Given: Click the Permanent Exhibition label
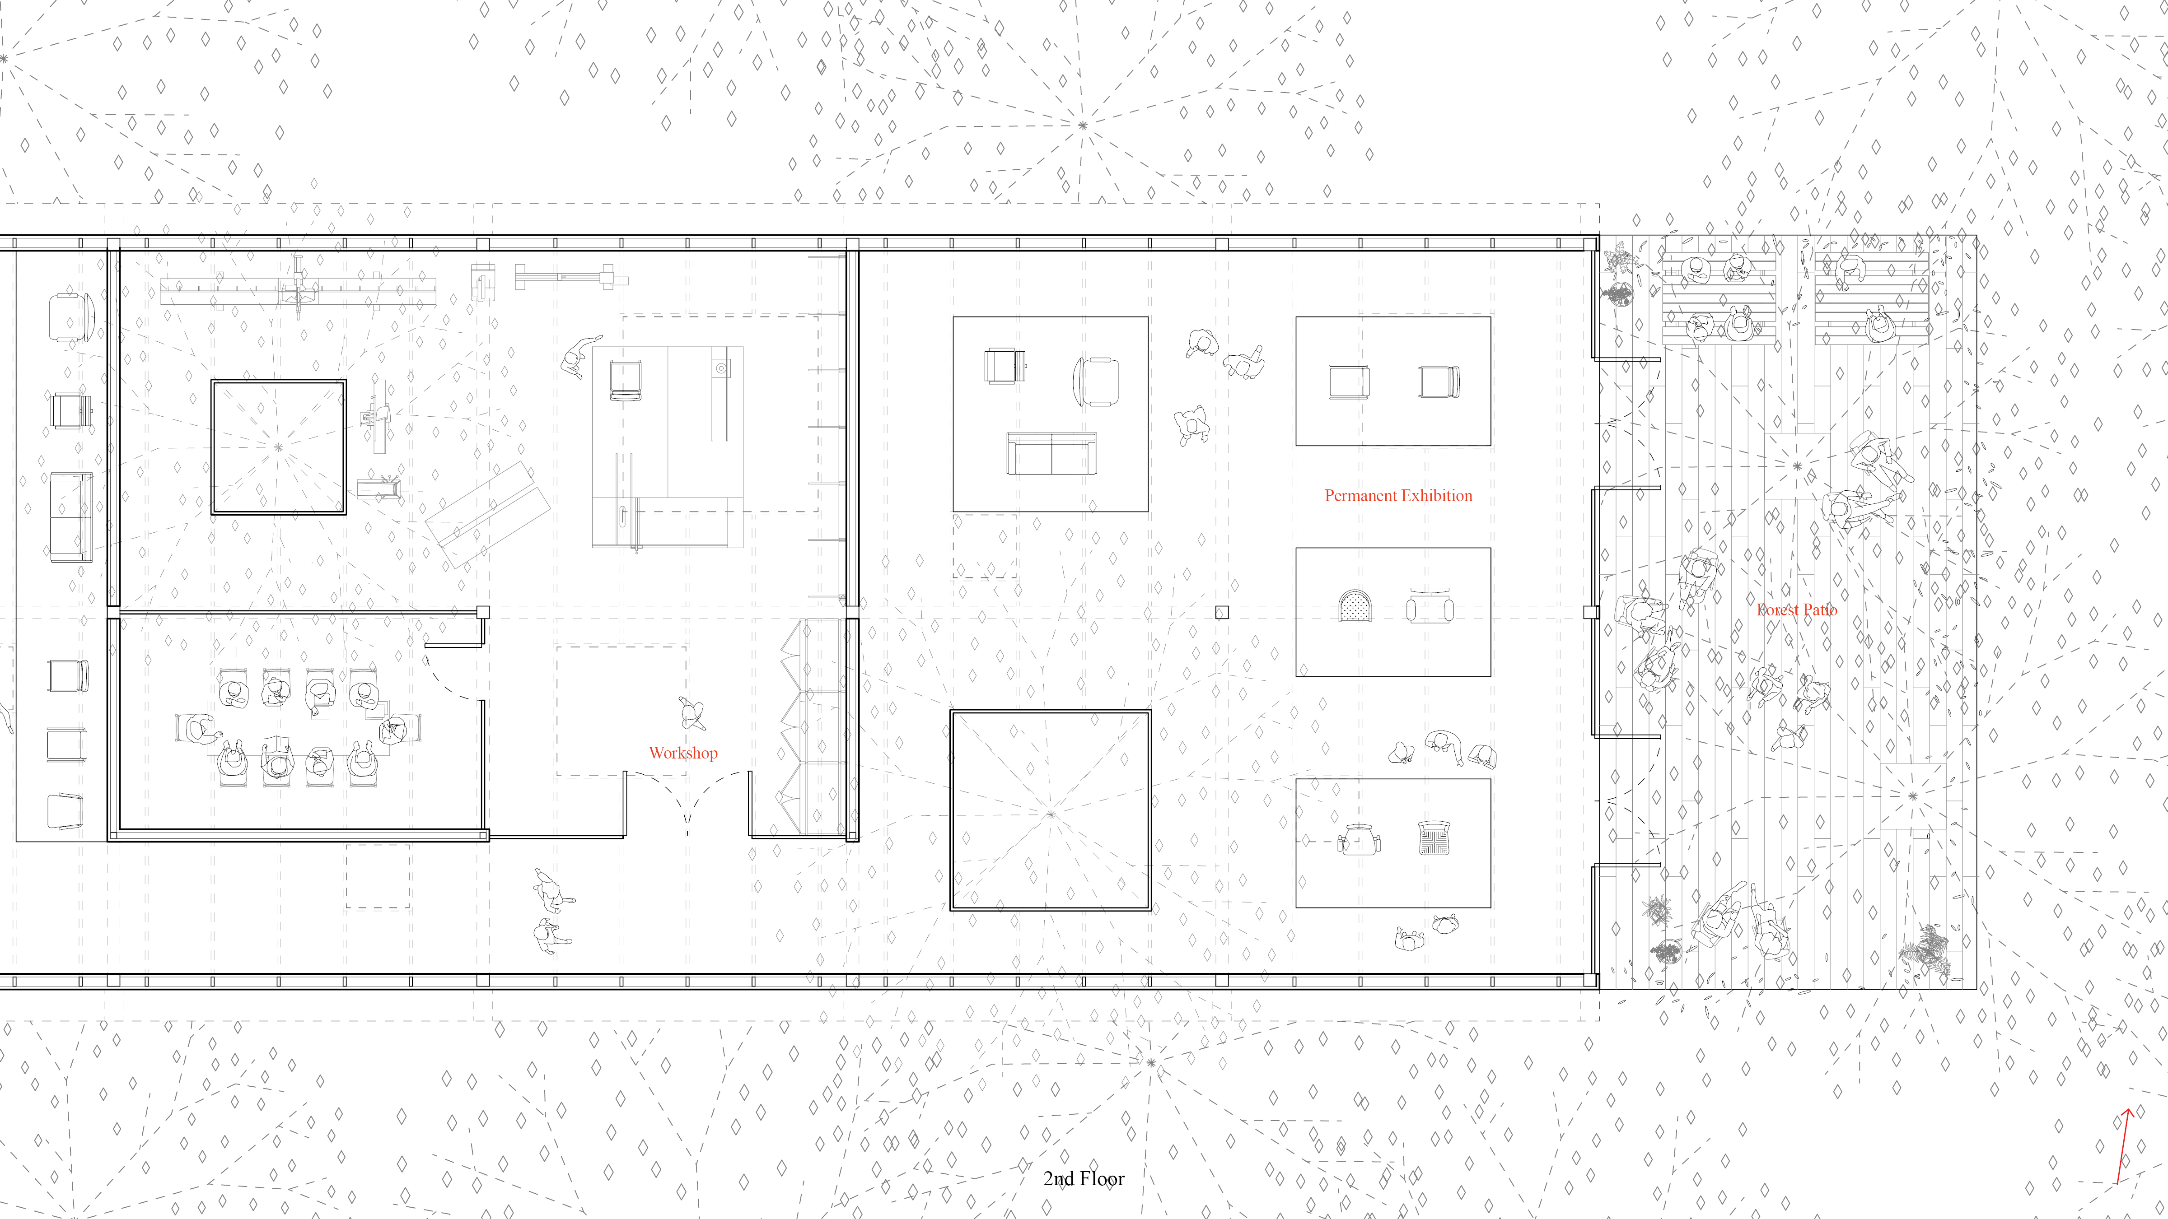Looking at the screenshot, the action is coord(1398,496).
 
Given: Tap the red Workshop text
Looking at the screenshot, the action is coord(682,753).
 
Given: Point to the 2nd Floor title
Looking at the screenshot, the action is coord(1083,1179).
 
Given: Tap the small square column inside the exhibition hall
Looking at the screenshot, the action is coord(1222,613).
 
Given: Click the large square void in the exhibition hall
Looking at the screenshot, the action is coord(1050,810).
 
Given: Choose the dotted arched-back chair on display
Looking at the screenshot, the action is coord(1355,606).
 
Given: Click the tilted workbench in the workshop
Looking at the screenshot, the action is coord(488,514).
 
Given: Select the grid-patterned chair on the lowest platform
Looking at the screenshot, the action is coord(1433,838).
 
